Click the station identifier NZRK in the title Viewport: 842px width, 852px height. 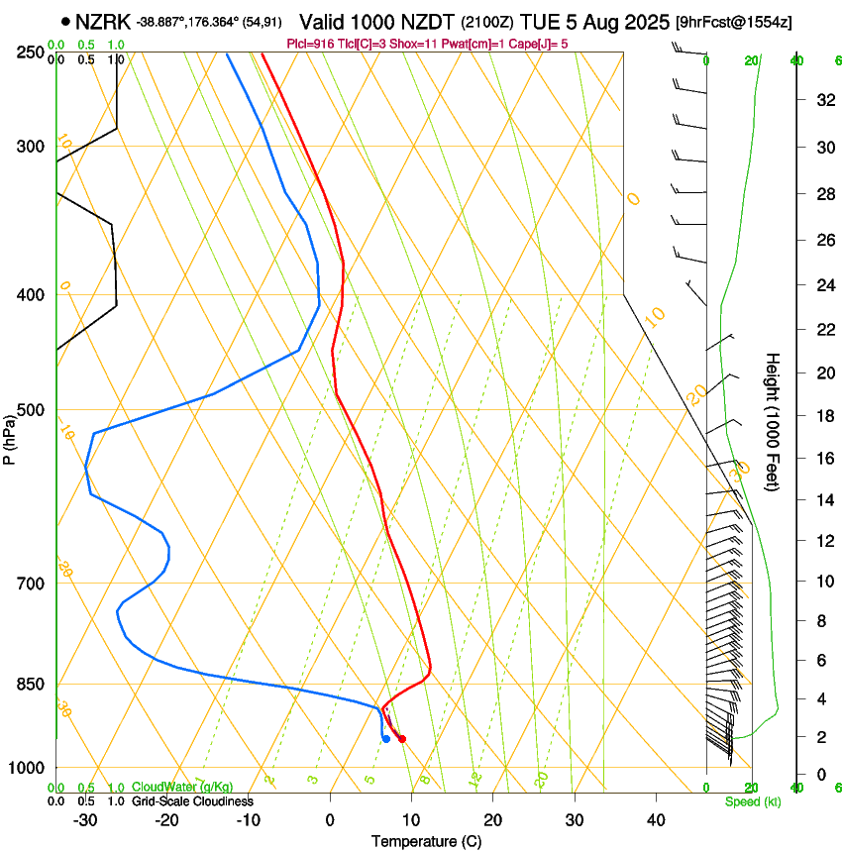pyautogui.click(x=103, y=21)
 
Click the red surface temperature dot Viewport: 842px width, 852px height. pyautogui.click(x=401, y=738)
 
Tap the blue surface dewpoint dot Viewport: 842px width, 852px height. pyautogui.click(x=385, y=738)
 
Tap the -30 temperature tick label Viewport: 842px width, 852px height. pyautogui.click(x=85, y=819)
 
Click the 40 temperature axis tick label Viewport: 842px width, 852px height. pyautogui.click(x=655, y=819)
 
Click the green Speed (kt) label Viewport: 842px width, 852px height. pyautogui.click(x=752, y=801)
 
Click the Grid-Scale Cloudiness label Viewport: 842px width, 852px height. pyautogui.click(x=192, y=801)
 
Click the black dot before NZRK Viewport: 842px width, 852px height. pyautogui.click(x=65, y=21)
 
